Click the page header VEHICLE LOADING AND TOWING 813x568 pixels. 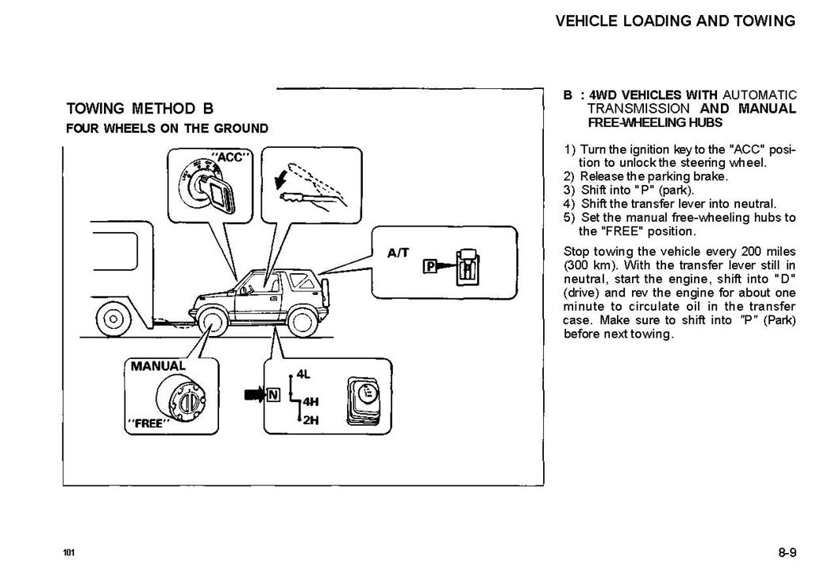click(x=675, y=21)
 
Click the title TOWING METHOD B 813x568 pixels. click(x=140, y=108)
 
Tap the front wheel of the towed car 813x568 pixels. click(x=211, y=322)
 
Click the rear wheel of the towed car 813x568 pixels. click(x=302, y=322)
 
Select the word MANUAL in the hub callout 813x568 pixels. click(x=158, y=366)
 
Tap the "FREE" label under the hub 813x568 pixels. click(x=148, y=423)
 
